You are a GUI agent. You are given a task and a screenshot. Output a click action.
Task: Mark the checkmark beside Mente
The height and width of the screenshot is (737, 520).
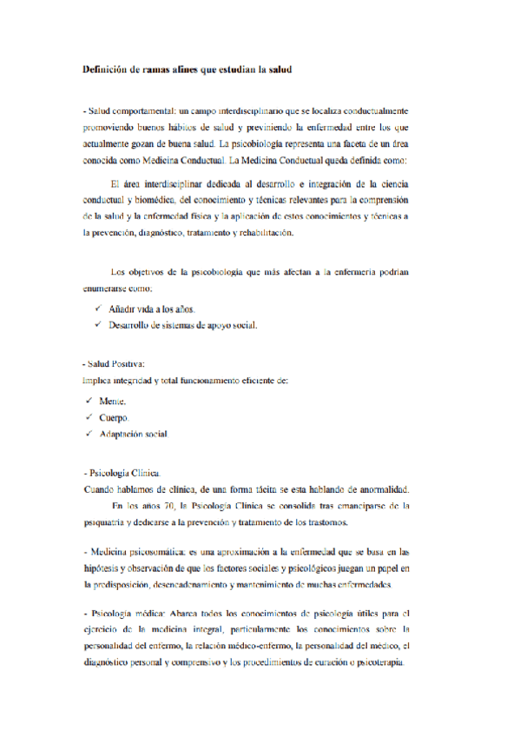coord(90,401)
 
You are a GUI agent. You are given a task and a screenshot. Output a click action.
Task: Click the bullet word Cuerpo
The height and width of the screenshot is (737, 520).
coord(114,418)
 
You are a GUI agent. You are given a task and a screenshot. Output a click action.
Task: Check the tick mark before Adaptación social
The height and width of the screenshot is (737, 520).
coord(90,434)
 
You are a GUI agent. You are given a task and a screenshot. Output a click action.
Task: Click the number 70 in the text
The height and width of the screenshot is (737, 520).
coord(164,505)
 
